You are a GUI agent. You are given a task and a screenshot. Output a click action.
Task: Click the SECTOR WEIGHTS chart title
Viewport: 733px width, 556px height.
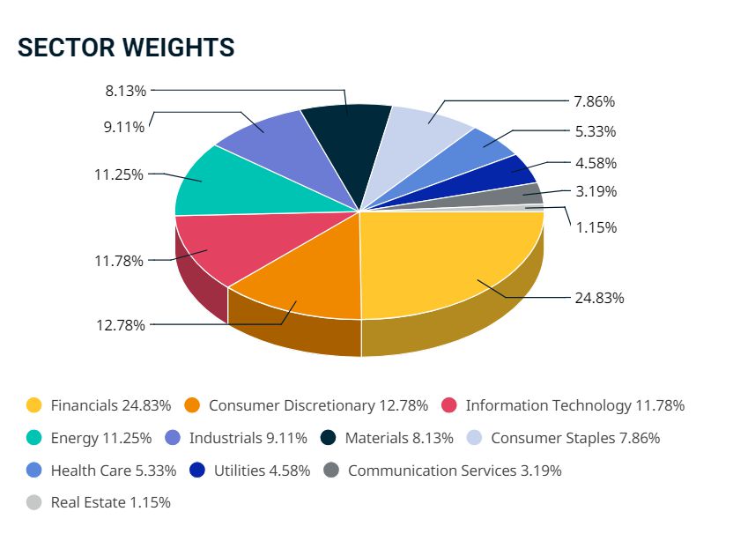coord(126,48)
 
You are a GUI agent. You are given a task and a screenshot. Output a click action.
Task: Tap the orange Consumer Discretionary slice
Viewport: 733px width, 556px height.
coord(304,282)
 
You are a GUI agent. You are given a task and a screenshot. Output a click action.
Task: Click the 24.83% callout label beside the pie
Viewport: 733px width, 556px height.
coord(599,298)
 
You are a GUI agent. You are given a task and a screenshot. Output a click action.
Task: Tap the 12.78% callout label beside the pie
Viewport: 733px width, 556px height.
coord(121,324)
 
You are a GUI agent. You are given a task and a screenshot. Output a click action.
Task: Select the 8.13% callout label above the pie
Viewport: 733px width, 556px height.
coord(125,90)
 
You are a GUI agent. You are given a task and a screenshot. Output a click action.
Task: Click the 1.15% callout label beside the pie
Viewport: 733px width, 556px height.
coord(596,227)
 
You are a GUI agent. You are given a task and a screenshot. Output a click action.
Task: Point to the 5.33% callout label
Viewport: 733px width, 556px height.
coord(596,131)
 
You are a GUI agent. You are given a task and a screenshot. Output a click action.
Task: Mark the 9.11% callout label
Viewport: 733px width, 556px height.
coord(124,127)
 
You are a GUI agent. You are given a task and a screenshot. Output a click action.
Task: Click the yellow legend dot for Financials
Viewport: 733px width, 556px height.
coord(34,405)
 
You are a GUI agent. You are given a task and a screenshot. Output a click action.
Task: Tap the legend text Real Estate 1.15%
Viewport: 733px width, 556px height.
coord(111,503)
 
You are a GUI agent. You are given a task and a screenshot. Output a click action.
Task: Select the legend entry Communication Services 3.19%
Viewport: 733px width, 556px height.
coord(455,471)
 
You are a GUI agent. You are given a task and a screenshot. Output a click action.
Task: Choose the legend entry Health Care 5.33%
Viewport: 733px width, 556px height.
coord(114,471)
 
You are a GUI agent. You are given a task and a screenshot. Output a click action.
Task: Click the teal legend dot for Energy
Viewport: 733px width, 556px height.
coord(34,438)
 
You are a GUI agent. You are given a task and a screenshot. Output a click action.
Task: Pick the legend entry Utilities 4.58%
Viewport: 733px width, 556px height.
coord(262,471)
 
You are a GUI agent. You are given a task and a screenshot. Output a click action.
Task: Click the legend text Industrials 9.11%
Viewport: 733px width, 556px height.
coord(248,438)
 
